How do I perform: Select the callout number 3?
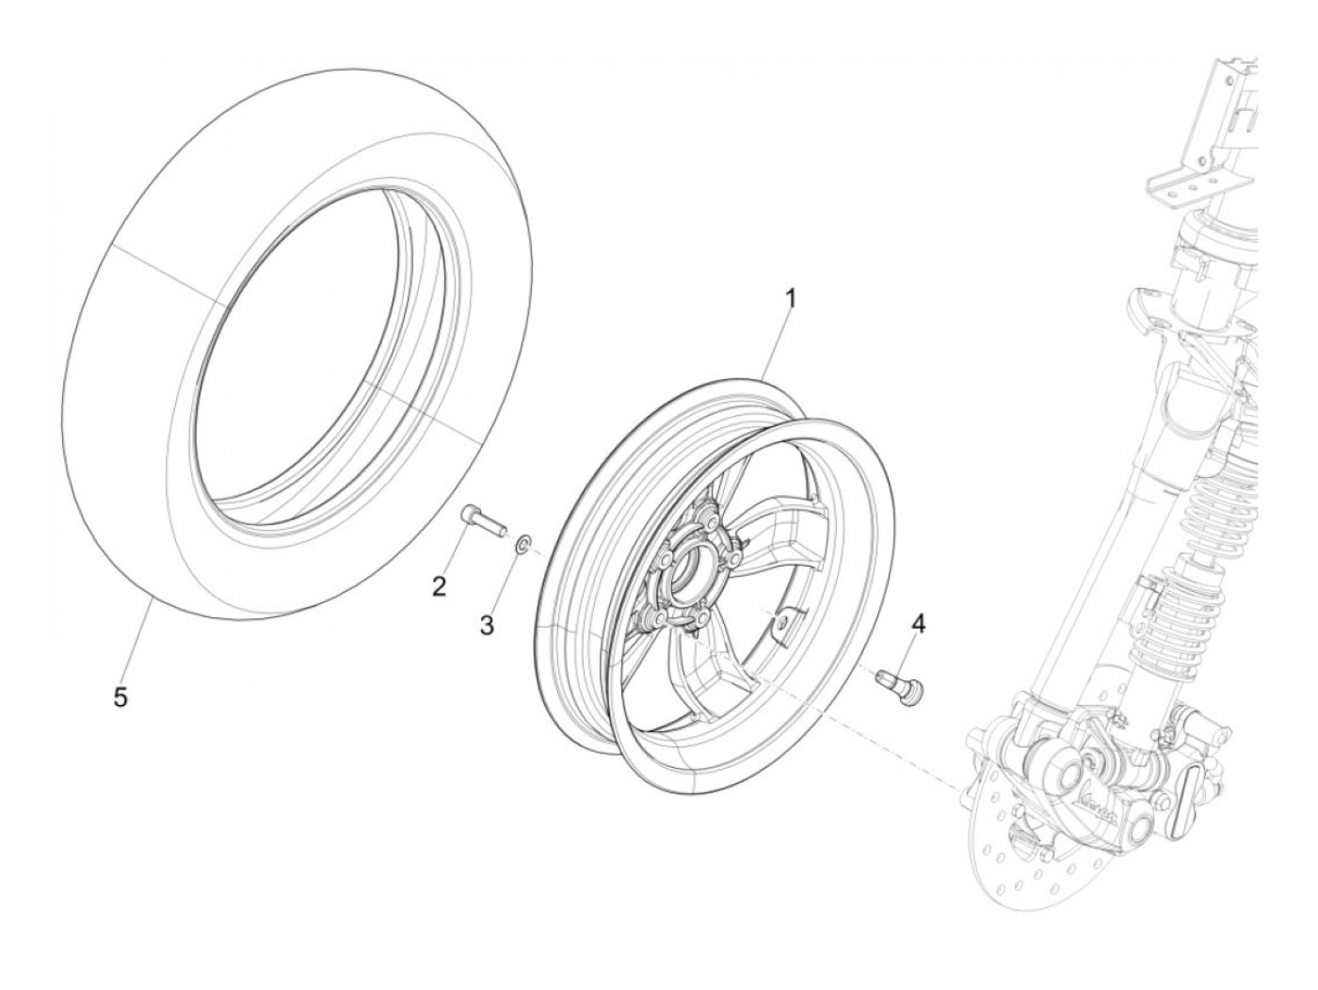tap(487, 624)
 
